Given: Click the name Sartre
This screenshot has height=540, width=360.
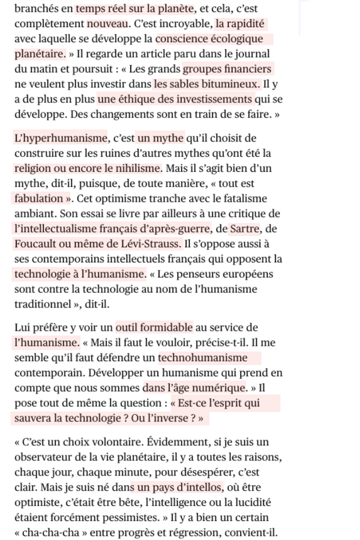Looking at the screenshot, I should [x=245, y=229].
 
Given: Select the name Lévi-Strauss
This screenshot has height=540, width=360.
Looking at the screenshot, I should [x=151, y=244].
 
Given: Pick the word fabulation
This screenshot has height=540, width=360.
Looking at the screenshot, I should [x=39, y=198].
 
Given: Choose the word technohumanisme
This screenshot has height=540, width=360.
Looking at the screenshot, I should [x=203, y=357].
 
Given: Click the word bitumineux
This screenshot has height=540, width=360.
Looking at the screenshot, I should [x=231, y=84].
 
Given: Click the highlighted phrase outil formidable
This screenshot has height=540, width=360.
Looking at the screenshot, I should [x=154, y=327].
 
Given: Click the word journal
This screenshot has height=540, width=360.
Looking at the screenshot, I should [x=252, y=53].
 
